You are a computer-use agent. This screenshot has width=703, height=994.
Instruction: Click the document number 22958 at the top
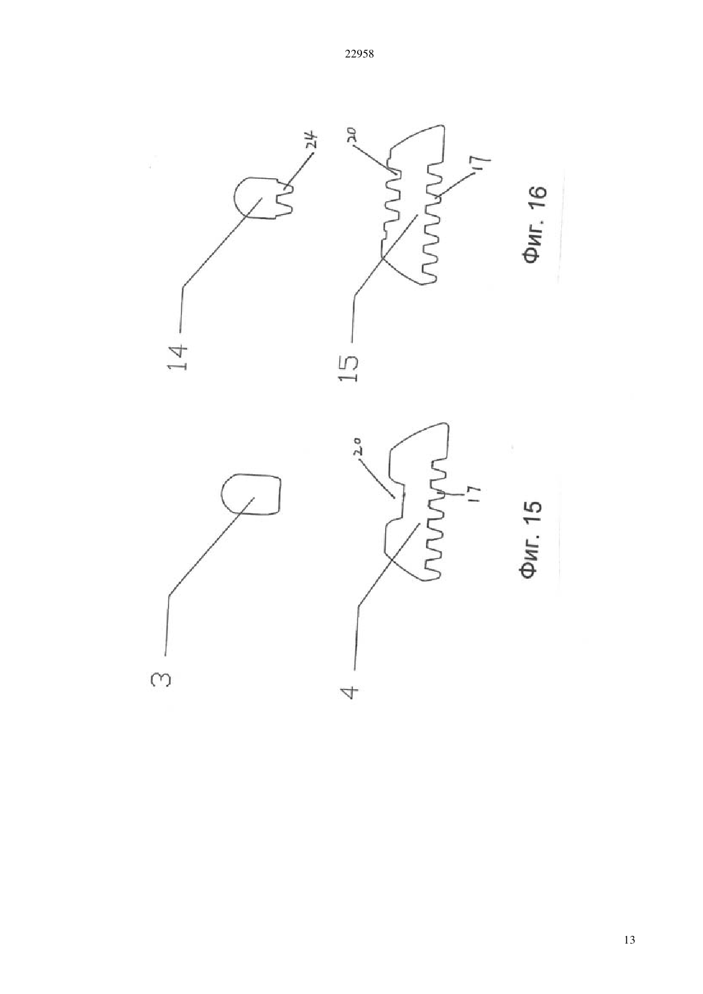pyautogui.click(x=359, y=54)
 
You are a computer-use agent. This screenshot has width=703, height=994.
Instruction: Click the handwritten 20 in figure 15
pyautogui.click(x=359, y=447)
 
